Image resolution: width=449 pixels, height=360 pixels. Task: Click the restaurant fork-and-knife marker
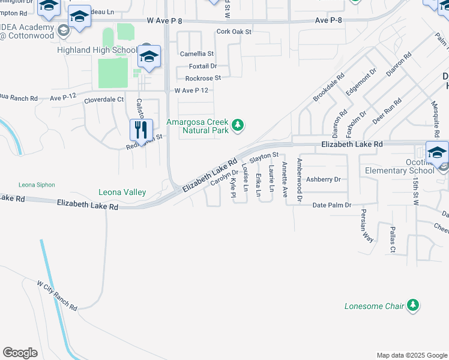click(139, 128)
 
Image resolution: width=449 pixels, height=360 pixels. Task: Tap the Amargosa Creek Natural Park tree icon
click(239, 125)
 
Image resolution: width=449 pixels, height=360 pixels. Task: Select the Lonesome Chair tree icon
click(412, 306)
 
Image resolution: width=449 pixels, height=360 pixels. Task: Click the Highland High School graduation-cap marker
click(149, 57)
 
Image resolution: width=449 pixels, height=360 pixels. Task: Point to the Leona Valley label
click(122, 192)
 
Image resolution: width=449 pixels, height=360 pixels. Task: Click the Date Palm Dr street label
click(332, 205)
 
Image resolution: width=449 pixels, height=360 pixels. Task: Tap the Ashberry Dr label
click(323, 179)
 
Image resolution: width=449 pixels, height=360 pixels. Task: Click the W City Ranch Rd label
click(57, 295)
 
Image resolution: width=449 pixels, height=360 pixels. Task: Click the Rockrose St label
click(203, 78)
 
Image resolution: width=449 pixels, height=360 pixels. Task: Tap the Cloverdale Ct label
click(104, 100)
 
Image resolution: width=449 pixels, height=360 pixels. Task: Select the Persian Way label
click(367, 226)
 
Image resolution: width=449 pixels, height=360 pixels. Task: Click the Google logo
click(20, 353)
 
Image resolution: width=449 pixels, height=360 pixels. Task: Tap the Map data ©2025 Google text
click(411, 355)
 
